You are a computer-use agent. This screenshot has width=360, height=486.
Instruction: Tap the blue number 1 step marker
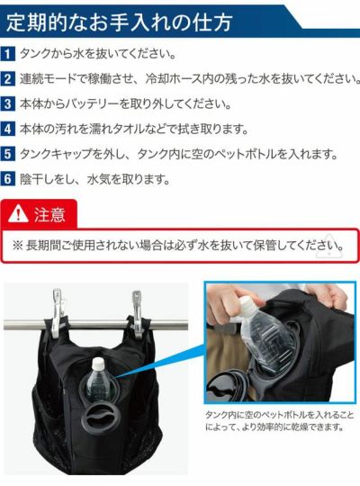click(x=8, y=54)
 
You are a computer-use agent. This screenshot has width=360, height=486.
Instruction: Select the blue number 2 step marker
click(x=8, y=78)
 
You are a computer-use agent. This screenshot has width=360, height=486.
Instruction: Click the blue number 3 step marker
click(x=8, y=103)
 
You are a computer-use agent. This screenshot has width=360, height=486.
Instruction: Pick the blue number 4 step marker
click(x=8, y=129)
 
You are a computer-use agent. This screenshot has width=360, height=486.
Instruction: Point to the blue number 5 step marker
click(x=8, y=154)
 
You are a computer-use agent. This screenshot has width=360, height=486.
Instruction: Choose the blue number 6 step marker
click(x=8, y=178)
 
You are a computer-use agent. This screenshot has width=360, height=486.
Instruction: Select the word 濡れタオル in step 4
click(x=119, y=129)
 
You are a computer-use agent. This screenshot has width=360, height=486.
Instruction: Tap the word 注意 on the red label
click(x=49, y=215)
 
